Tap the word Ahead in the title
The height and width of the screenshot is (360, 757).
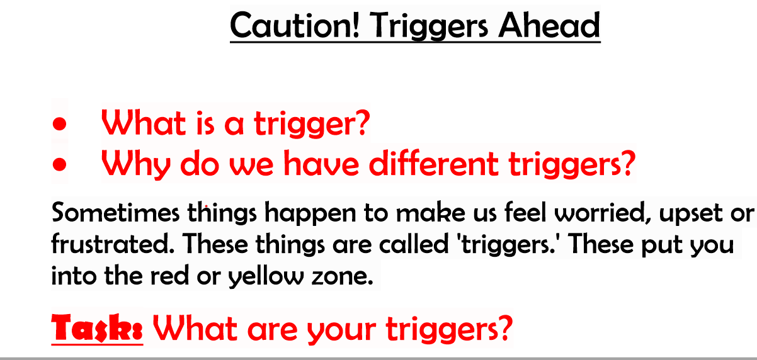coord(549,25)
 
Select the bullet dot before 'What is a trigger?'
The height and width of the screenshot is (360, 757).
coord(59,124)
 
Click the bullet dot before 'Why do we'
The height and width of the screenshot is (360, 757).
coord(59,164)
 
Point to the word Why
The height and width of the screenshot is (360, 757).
coord(136,164)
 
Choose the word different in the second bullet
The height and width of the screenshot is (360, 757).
coord(433,163)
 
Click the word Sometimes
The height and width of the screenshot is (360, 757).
coord(115,213)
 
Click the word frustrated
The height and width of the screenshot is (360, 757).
coord(113,244)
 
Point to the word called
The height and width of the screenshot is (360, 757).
coord(414,244)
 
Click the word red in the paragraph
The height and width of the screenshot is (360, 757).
coord(169,276)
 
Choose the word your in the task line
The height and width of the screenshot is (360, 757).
coord(341,330)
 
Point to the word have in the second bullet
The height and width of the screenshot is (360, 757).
coord(321,163)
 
